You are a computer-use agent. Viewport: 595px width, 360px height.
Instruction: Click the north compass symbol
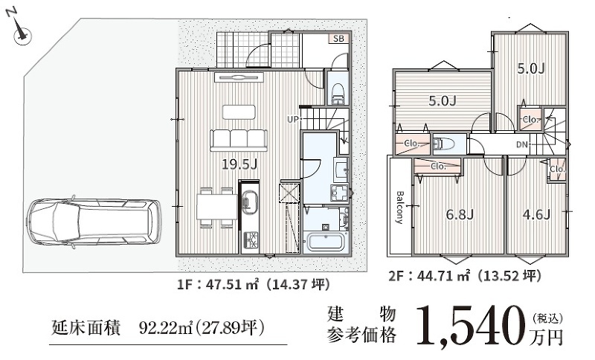coord(20,30)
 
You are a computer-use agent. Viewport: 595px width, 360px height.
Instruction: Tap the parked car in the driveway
coord(94,222)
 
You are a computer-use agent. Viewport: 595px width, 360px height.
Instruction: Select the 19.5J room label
coord(239,164)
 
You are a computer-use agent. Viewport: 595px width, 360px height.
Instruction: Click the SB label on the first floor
coord(339,39)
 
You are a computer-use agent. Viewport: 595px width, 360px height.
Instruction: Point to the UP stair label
coord(293,120)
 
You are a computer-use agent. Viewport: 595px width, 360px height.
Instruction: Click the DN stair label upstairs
coord(522,144)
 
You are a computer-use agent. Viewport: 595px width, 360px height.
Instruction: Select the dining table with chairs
coord(216,207)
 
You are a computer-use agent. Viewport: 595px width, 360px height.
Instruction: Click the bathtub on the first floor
coord(327,242)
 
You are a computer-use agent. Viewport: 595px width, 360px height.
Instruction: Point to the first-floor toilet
coord(338,92)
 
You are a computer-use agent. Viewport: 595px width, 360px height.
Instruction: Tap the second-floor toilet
coord(443,144)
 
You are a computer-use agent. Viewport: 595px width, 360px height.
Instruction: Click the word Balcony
coord(399,208)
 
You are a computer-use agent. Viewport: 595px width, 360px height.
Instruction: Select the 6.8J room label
coord(460,215)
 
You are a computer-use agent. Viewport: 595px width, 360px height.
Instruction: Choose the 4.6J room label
coord(536,215)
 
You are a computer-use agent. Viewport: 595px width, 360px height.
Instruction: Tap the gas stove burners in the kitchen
coord(250,239)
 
